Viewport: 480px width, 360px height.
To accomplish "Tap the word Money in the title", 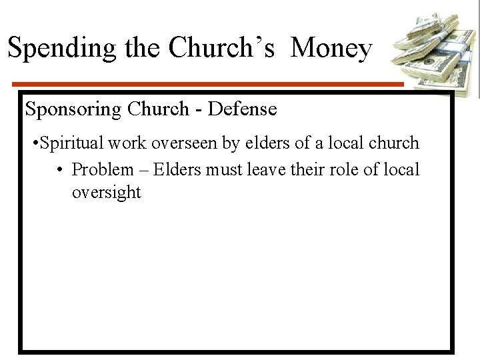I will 331,47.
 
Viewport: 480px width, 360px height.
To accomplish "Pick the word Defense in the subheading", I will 242,109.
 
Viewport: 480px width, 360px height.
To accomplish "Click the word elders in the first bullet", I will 272,143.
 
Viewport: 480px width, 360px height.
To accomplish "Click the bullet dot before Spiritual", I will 35,143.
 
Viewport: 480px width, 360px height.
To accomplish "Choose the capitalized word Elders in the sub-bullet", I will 178,169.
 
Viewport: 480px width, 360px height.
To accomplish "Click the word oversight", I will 107,193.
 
